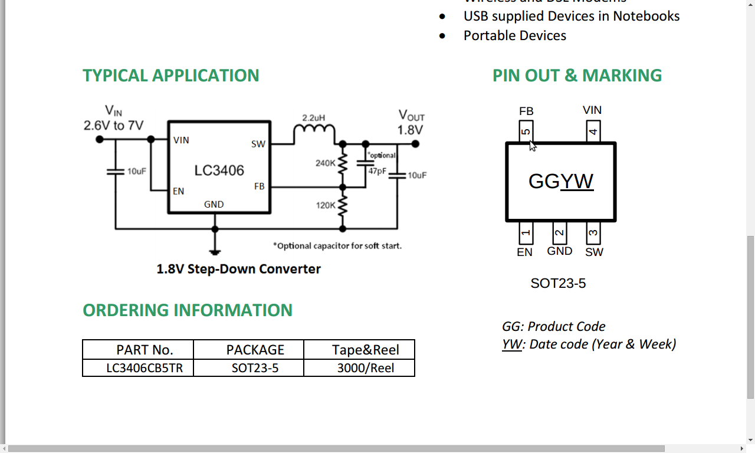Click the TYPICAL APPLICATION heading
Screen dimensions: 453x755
click(x=170, y=75)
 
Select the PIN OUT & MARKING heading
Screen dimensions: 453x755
click(x=577, y=75)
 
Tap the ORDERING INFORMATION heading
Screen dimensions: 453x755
click(x=187, y=310)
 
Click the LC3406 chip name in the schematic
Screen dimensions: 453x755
click(x=219, y=171)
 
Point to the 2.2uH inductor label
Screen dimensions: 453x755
click(x=313, y=118)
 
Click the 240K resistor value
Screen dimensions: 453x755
click(x=325, y=163)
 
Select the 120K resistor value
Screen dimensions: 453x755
click(x=325, y=205)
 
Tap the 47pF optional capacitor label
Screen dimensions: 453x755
click(x=377, y=171)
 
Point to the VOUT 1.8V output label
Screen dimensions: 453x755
click(x=411, y=123)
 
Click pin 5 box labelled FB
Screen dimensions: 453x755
click(x=526, y=131)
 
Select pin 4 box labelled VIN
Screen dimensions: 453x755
click(x=593, y=131)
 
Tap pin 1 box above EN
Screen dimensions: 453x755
click(x=526, y=233)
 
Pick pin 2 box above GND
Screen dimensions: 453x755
click(x=559, y=232)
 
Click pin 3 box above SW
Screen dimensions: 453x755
click(x=593, y=233)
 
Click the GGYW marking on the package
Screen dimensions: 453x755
click(x=560, y=181)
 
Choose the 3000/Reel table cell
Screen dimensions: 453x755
click(x=366, y=368)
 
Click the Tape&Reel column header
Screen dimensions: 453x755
click(x=366, y=350)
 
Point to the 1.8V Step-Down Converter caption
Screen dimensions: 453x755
click(x=238, y=269)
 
